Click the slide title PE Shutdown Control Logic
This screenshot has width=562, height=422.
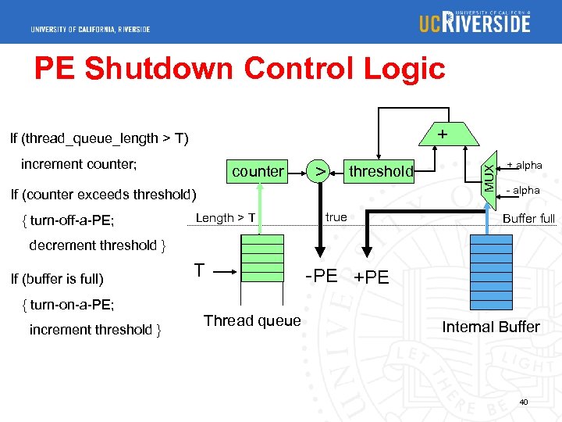tap(239, 69)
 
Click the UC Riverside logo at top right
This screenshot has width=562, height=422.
tap(475, 22)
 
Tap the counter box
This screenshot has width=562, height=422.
tap(258, 171)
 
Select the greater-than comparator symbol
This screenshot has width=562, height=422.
tap(318, 171)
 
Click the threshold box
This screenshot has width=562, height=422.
tap(381, 171)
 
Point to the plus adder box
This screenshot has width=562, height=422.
tap(442, 135)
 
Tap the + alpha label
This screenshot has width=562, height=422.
tap(524, 165)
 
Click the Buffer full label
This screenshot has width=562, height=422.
tap(528, 218)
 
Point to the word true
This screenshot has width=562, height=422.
tap(336, 217)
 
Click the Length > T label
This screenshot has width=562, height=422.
tap(226, 218)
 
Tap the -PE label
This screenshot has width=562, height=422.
tap(321, 276)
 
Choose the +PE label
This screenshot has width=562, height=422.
tap(371, 277)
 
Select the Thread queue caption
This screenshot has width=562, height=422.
tap(251, 320)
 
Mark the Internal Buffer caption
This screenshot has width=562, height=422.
tap(490, 327)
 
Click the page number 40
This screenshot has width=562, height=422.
tap(524, 402)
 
